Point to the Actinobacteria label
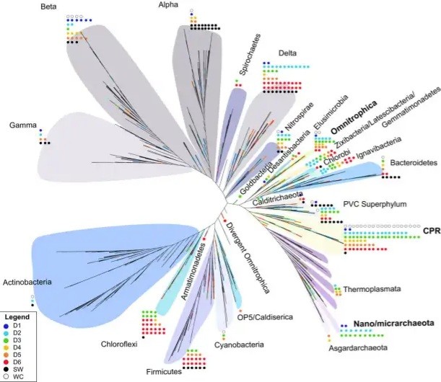click(x=27, y=281)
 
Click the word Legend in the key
click(x=17, y=317)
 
